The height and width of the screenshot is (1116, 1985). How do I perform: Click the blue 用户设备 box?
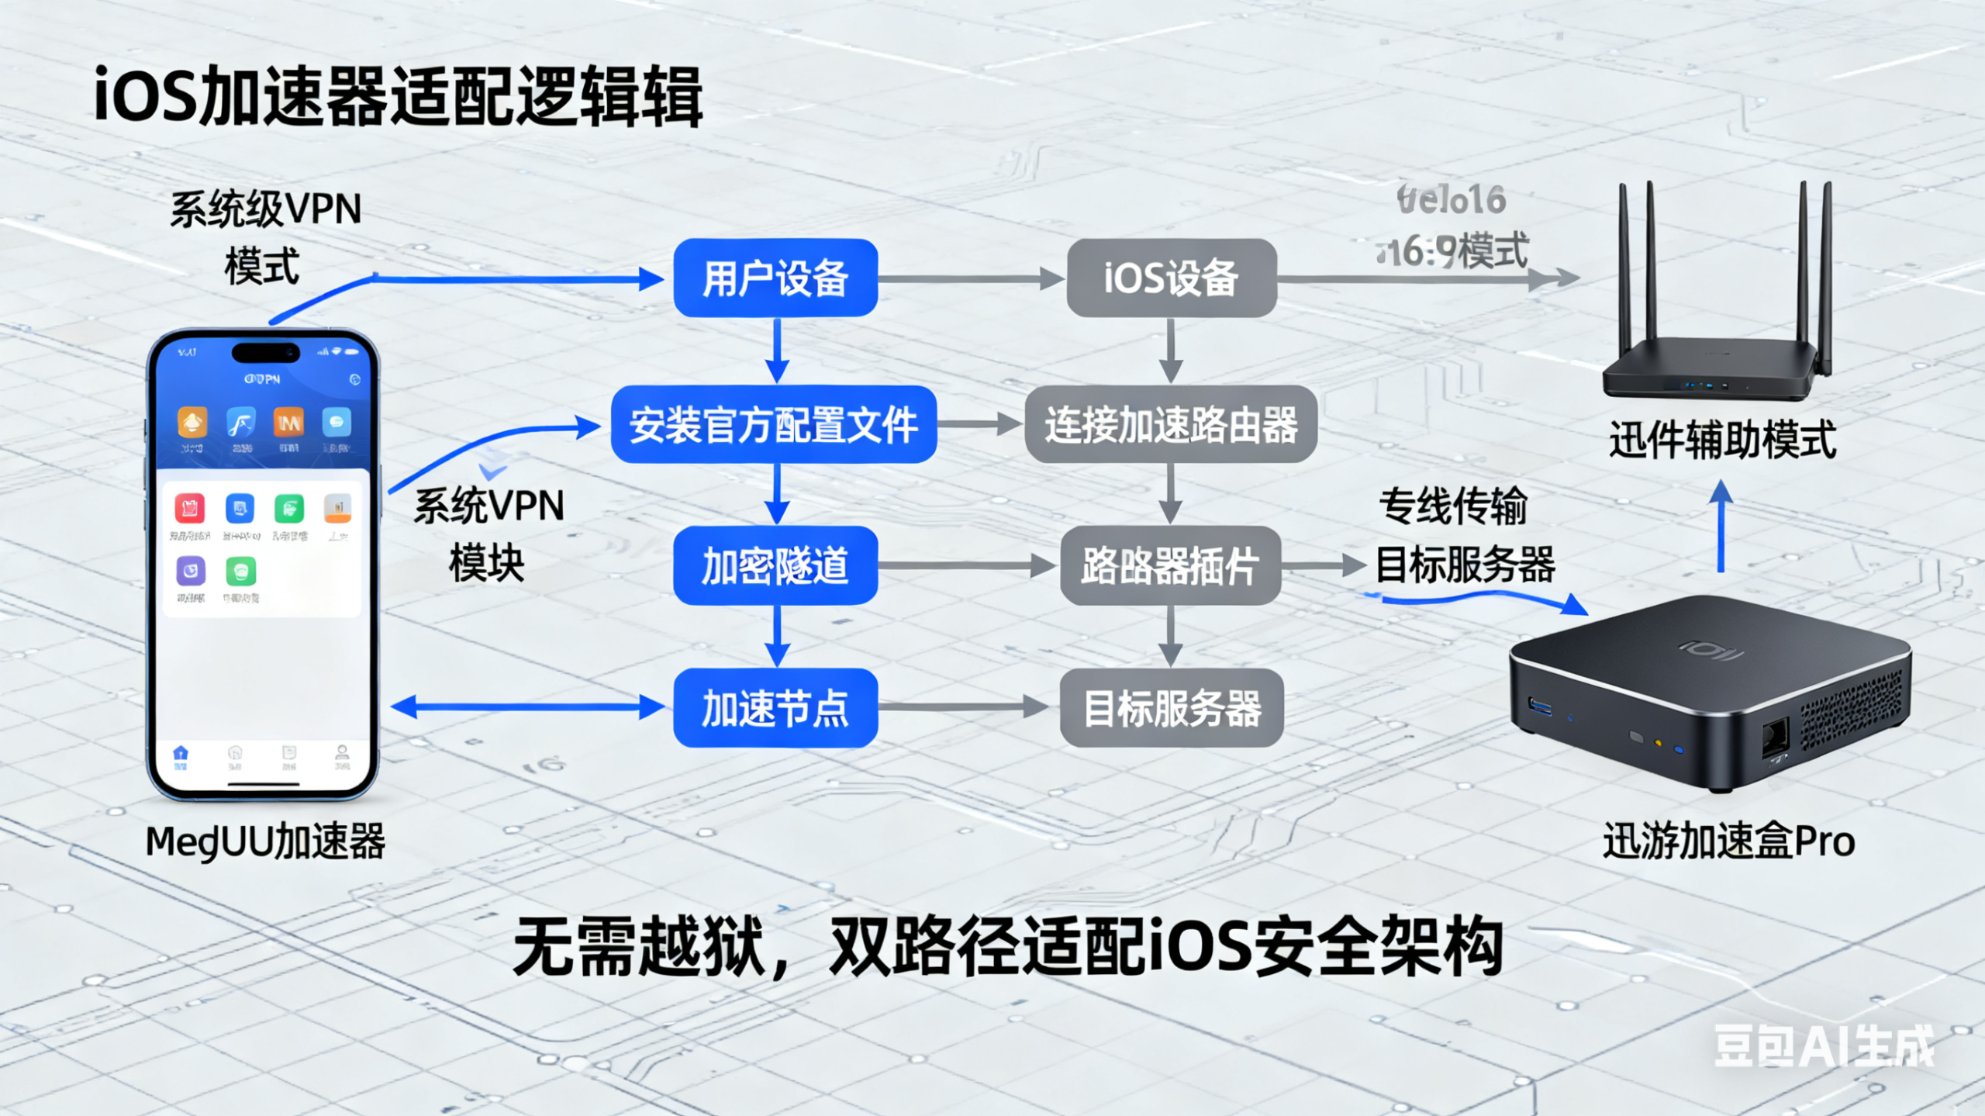tap(775, 278)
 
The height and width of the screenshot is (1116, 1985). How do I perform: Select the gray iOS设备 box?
tap(1171, 278)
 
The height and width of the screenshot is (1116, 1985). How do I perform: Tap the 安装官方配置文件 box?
tap(773, 425)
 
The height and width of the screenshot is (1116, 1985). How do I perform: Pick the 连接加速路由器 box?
tap(1171, 425)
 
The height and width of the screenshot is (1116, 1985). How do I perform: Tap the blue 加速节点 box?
tap(775, 708)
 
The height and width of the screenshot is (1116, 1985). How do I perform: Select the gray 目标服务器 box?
tap(1171, 708)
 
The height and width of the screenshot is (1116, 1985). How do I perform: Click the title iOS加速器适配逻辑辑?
tap(398, 97)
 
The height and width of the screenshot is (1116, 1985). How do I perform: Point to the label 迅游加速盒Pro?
tap(1728, 841)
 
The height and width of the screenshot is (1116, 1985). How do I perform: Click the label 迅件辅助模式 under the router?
tap(1722, 440)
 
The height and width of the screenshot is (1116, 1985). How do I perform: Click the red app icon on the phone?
tap(189, 508)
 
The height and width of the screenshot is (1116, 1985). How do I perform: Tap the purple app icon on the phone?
tap(191, 572)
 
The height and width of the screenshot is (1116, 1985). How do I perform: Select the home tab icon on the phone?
tap(181, 754)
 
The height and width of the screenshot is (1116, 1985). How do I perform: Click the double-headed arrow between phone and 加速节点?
tap(527, 707)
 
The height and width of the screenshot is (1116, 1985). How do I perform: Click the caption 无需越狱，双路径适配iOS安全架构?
tap(1008, 946)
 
